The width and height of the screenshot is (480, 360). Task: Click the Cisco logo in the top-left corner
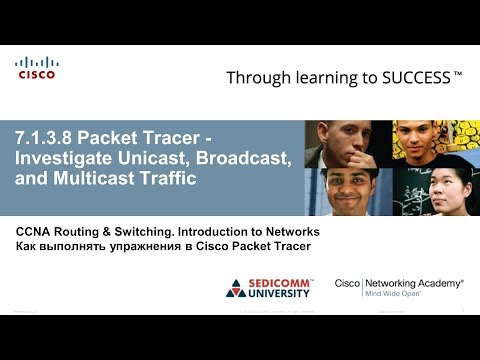pyautogui.click(x=36, y=68)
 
